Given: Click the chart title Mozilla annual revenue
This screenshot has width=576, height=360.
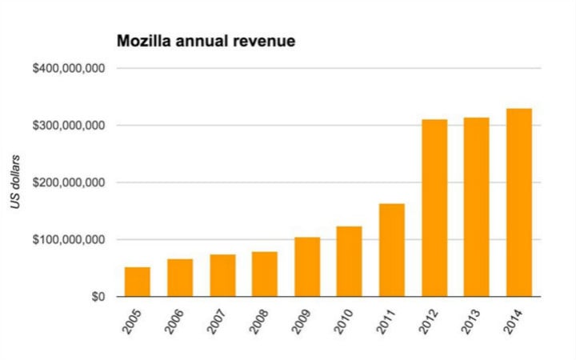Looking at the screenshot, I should point(206,40).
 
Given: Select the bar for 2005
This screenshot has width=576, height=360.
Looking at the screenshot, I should point(138,282).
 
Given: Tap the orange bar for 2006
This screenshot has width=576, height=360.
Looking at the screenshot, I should point(180,278).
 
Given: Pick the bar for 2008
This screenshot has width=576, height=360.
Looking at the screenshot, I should point(265,274).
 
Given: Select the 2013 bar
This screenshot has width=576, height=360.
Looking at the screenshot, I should point(477,207).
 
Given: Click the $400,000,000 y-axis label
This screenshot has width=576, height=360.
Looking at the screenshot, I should point(69,69).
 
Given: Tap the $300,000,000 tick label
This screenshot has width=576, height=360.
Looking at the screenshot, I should point(69,126).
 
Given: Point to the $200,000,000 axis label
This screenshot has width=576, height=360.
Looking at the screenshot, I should point(69,182).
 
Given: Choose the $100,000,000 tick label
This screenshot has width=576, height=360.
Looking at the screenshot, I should point(69,240).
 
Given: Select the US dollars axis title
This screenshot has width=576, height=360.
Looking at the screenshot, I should point(16,182).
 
